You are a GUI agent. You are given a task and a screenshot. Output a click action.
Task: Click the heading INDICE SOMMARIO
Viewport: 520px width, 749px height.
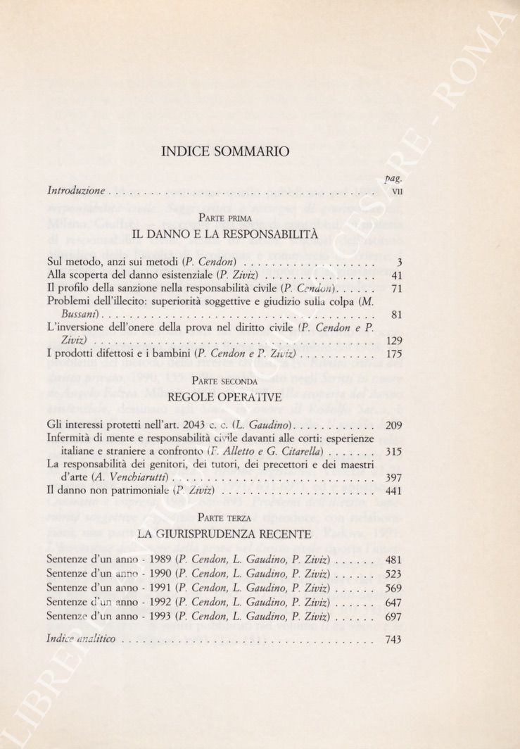[224, 151]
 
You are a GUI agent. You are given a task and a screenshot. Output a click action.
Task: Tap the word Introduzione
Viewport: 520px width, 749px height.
[76, 190]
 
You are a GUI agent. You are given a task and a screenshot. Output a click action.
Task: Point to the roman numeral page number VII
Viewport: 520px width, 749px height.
[396, 191]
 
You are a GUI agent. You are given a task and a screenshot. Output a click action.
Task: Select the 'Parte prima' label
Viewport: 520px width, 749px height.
[224, 219]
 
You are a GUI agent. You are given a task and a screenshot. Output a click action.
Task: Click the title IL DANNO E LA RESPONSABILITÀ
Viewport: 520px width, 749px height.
[224, 234]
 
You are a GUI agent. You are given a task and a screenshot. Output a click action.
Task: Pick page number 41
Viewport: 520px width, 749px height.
[395, 275]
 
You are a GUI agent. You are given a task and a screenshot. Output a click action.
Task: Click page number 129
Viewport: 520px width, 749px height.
[394, 341]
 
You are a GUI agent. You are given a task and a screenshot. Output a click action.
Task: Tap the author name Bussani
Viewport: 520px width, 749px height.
[74, 315]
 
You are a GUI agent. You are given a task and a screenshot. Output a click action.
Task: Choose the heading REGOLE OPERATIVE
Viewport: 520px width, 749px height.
[224, 397]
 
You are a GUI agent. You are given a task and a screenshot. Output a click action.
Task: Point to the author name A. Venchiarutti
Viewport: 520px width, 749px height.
[130, 478]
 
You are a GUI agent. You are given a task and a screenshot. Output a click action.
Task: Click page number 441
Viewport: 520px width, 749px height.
[394, 491]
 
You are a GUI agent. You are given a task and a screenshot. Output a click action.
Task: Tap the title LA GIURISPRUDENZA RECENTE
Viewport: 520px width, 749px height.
[224, 534]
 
